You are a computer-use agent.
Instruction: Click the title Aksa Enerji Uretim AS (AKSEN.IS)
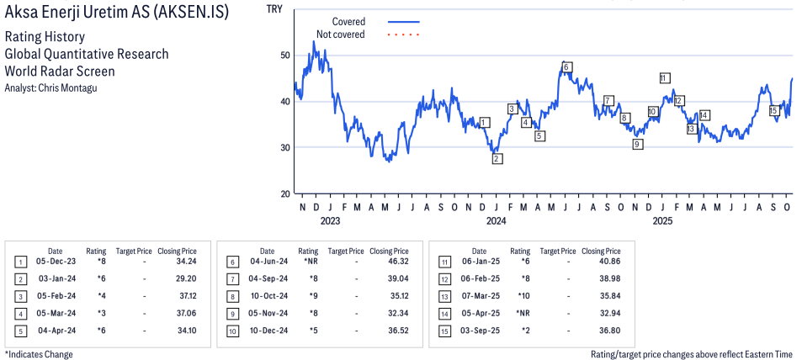[127, 14]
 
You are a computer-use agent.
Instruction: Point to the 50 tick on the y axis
[284, 56]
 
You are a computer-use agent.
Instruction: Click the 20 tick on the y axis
[284, 194]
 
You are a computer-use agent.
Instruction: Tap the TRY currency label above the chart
[274, 9]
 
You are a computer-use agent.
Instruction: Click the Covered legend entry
[348, 21]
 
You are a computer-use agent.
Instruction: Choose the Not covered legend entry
[340, 34]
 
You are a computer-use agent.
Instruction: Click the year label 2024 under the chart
[496, 221]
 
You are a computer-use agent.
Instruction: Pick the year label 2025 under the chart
[662, 221]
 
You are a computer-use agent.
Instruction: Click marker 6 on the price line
[566, 66]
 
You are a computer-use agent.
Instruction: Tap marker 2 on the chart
[497, 158]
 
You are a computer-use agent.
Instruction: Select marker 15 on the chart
[773, 110]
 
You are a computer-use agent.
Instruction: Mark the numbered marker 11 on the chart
[664, 78]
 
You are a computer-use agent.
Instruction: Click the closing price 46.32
[389, 262]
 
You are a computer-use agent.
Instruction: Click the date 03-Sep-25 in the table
[479, 330]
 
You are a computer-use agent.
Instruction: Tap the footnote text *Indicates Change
[39, 354]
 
